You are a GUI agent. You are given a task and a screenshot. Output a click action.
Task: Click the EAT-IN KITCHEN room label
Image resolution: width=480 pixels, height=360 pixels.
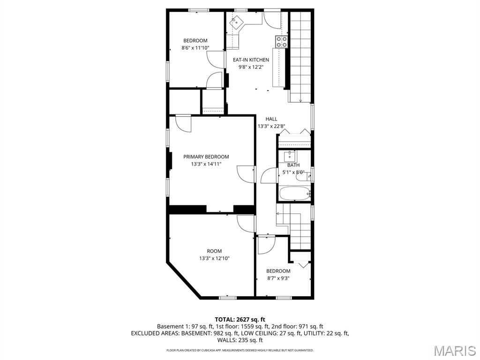251,60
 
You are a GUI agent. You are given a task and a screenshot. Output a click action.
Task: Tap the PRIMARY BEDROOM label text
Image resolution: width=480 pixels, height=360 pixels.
206,157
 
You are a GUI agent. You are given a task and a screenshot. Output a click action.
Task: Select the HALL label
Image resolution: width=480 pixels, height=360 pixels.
271,119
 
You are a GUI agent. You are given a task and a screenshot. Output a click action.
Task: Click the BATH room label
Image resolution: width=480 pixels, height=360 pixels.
293,165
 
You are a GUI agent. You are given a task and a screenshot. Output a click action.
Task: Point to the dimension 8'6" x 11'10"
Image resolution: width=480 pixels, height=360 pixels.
195,48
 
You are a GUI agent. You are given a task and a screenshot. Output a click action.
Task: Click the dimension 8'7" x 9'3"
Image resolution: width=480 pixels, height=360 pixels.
278,278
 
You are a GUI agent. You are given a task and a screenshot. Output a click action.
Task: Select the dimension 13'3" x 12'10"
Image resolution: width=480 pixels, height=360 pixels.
214,258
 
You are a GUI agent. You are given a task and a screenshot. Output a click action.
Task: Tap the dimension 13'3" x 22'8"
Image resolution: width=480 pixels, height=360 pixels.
271,126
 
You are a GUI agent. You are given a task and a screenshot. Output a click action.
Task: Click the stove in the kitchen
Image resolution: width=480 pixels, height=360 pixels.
282,42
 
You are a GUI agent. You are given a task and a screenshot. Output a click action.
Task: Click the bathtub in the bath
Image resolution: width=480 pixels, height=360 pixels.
294,193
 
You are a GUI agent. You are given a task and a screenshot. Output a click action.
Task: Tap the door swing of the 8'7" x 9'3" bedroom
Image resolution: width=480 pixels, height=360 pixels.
266,245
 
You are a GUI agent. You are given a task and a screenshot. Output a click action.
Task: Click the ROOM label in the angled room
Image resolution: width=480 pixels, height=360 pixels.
214,251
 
